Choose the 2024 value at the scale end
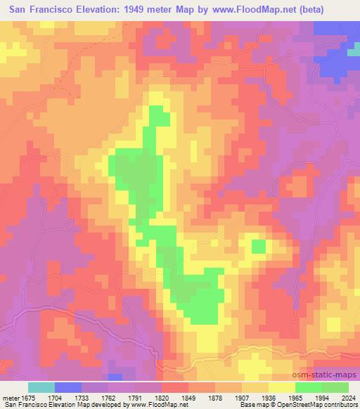click(349, 396)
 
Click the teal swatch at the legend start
click(41, 387)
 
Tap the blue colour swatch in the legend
click(68, 387)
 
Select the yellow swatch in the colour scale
click(282, 387)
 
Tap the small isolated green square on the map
click(259, 246)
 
